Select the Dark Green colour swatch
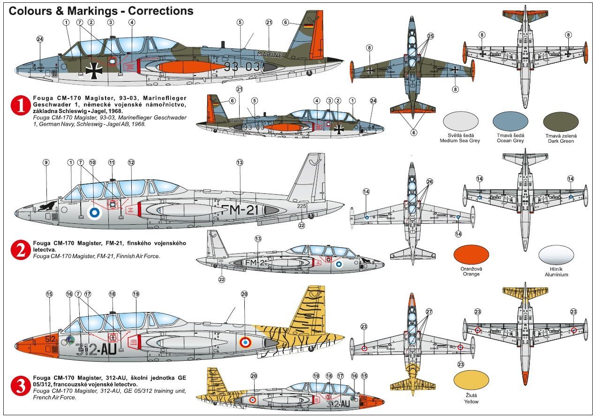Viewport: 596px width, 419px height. coord(561,121)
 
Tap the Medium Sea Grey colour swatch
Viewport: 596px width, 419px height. coord(460,121)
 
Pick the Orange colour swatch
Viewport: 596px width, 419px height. coord(471,254)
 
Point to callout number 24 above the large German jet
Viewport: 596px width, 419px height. coord(40,39)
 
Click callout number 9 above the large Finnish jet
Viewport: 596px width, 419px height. coord(46,162)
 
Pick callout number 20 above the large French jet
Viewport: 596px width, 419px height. coord(244,294)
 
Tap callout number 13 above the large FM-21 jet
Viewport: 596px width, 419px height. coord(240,162)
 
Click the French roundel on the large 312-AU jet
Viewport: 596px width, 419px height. coord(245,342)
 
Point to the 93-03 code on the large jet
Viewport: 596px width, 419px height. coord(241,66)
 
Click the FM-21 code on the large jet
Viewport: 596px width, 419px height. coord(240,210)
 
